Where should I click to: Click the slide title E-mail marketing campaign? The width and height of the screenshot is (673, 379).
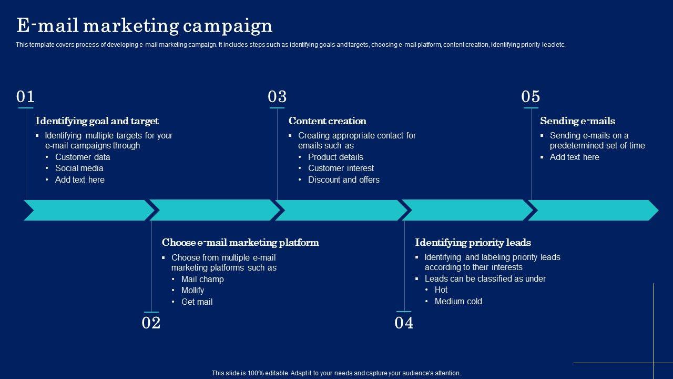[144, 26]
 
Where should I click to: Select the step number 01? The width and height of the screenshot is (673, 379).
[25, 97]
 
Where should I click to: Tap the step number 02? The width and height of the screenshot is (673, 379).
[151, 323]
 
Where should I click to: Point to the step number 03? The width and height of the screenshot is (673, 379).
[277, 97]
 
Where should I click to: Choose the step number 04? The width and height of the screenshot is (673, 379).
[404, 323]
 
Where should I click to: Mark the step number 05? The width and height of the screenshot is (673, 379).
[531, 97]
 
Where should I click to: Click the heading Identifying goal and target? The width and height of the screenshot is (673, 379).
[97, 121]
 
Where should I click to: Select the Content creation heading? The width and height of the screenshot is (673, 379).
[327, 121]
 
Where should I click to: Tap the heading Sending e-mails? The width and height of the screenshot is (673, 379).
[577, 121]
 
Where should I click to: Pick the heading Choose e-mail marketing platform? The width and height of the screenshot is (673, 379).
[240, 243]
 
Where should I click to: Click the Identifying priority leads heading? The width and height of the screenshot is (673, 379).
[473, 243]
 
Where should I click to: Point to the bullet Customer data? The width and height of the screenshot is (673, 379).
[83, 157]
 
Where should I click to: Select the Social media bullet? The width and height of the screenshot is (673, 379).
[79, 168]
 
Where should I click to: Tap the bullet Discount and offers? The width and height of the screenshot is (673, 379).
[343, 180]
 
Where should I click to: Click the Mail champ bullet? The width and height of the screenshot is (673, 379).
[202, 280]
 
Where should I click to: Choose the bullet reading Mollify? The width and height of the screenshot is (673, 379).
[192, 291]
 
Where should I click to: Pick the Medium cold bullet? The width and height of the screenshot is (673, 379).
[458, 302]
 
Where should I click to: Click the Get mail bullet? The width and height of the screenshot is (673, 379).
[197, 302]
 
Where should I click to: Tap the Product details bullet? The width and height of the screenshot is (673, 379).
[335, 157]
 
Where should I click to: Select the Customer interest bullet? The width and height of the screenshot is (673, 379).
[341, 168]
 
